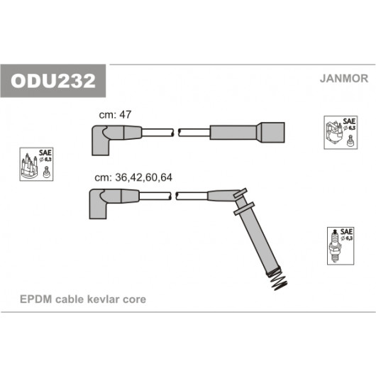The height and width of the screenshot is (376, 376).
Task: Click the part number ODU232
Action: [53, 81]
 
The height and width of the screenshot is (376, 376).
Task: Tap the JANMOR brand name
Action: [344, 79]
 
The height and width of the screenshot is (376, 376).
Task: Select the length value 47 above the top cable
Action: [125, 115]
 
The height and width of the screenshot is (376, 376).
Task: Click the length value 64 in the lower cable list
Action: [166, 177]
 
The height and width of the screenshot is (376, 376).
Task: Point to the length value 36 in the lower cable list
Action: [121, 177]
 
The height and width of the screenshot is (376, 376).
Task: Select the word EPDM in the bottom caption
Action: [36, 299]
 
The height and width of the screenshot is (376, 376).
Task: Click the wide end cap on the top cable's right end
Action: [271, 133]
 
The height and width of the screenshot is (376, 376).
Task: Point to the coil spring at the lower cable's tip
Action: [278, 280]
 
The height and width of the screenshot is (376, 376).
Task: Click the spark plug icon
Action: [335, 246]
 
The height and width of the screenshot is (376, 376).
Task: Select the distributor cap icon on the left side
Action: [30, 166]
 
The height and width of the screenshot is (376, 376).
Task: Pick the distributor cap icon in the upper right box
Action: [334, 134]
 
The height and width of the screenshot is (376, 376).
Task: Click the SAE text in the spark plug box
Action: [346, 232]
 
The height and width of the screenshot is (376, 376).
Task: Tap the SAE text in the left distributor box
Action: [45, 153]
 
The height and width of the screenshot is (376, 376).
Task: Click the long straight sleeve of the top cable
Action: [233, 133]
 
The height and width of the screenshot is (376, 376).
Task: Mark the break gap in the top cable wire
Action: [176, 133]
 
